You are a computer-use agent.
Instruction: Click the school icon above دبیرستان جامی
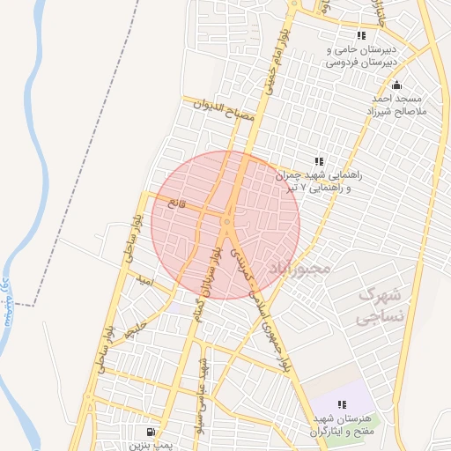coord(361,35)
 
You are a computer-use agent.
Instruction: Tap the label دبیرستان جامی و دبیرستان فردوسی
coord(362,56)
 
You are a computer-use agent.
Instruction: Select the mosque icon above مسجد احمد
coord(396,85)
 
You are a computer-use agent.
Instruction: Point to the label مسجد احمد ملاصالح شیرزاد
coord(396,105)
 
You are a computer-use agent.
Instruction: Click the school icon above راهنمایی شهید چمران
coord(318,161)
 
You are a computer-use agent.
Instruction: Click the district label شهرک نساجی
coord(381,304)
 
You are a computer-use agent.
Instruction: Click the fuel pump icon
coord(152,432)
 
